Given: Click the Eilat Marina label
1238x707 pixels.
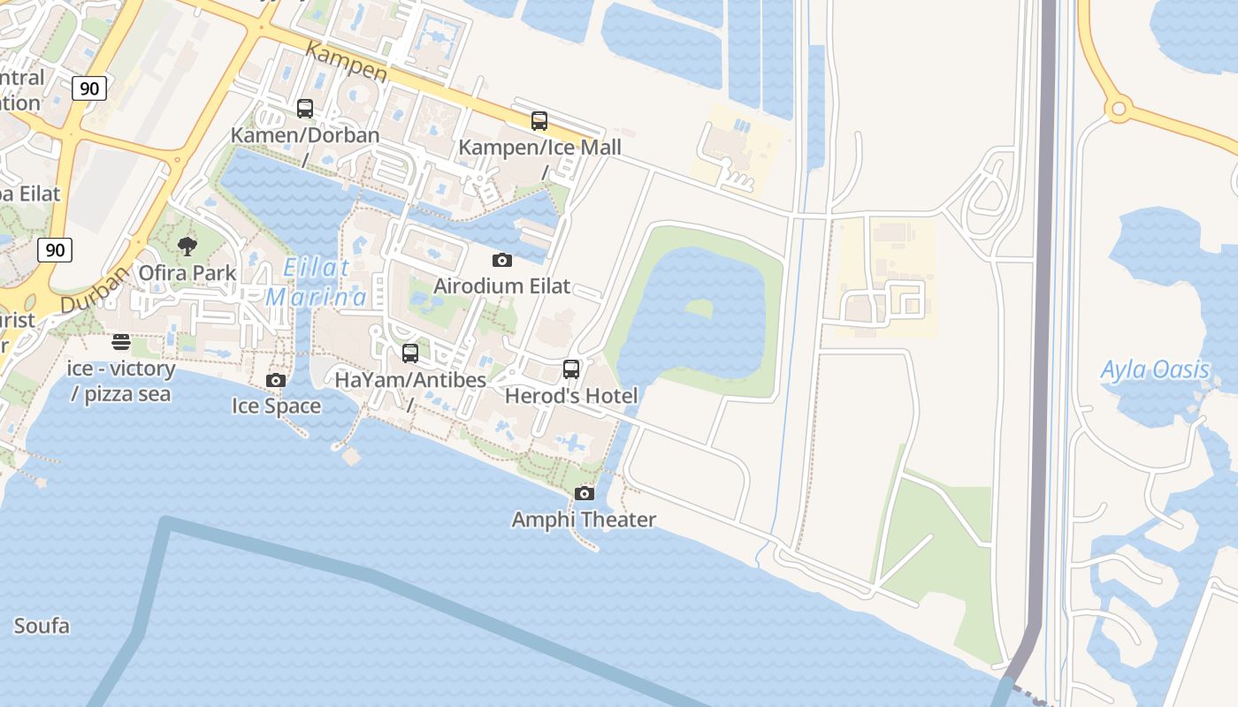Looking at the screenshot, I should [x=316, y=282].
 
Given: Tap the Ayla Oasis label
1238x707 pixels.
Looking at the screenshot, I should [x=1154, y=369].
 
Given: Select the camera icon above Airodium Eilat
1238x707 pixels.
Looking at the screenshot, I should [x=501, y=260].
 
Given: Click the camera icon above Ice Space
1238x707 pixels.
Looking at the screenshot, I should [x=276, y=380].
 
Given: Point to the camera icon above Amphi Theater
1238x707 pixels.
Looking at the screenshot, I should [x=584, y=493].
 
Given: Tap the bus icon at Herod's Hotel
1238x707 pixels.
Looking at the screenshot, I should [x=571, y=369].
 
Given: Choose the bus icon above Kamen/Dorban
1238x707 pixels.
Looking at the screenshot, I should [x=305, y=109].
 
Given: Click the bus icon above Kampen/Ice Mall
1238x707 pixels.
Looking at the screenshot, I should [x=539, y=121].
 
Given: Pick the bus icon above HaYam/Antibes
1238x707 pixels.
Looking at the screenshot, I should [x=410, y=353].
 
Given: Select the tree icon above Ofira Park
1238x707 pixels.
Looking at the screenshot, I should [x=187, y=246].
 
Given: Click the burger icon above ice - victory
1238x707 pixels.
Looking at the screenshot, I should [x=121, y=342].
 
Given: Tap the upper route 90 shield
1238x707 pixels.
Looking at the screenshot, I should [x=89, y=87].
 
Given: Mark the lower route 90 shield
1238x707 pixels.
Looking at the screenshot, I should [x=55, y=250].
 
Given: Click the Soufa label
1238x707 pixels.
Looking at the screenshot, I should [x=42, y=627].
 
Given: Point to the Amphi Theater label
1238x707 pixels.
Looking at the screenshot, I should [x=584, y=520].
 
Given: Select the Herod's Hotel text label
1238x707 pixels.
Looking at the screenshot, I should [x=571, y=396].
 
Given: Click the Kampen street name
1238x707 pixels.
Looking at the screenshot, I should [x=346, y=61].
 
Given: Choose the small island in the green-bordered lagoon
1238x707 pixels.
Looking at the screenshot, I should [x=699, y=309].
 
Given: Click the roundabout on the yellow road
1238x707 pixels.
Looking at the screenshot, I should [x=1119, y=109].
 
